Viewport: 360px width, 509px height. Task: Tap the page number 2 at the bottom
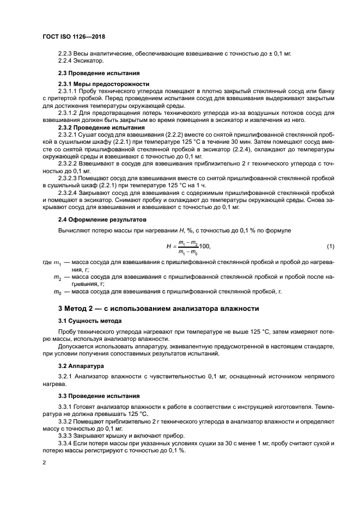(x=45, y=462)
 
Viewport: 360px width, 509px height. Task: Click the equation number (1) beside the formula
(x=330, y=247)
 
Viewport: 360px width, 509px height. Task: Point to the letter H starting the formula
(x=169, y=247)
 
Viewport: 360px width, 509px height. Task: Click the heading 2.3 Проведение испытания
(x=99, y=73)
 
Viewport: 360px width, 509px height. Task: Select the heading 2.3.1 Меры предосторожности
(x=103, y=84)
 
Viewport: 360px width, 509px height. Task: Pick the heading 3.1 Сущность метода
(x=90, y=321)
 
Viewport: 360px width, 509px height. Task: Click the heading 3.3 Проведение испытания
(x=99, y=395)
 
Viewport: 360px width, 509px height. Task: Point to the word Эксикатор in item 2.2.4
(x=88, y=61)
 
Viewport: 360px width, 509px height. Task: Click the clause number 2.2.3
(x=66, y=54)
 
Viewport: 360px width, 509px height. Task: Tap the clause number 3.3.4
(x=66, y=443)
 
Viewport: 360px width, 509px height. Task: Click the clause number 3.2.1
(x=66, y=376)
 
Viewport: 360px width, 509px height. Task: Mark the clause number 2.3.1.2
(x=69, y=112)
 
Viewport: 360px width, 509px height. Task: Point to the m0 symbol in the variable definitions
(x=57, y=292)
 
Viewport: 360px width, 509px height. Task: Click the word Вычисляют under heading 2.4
(x=75, y=231)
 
